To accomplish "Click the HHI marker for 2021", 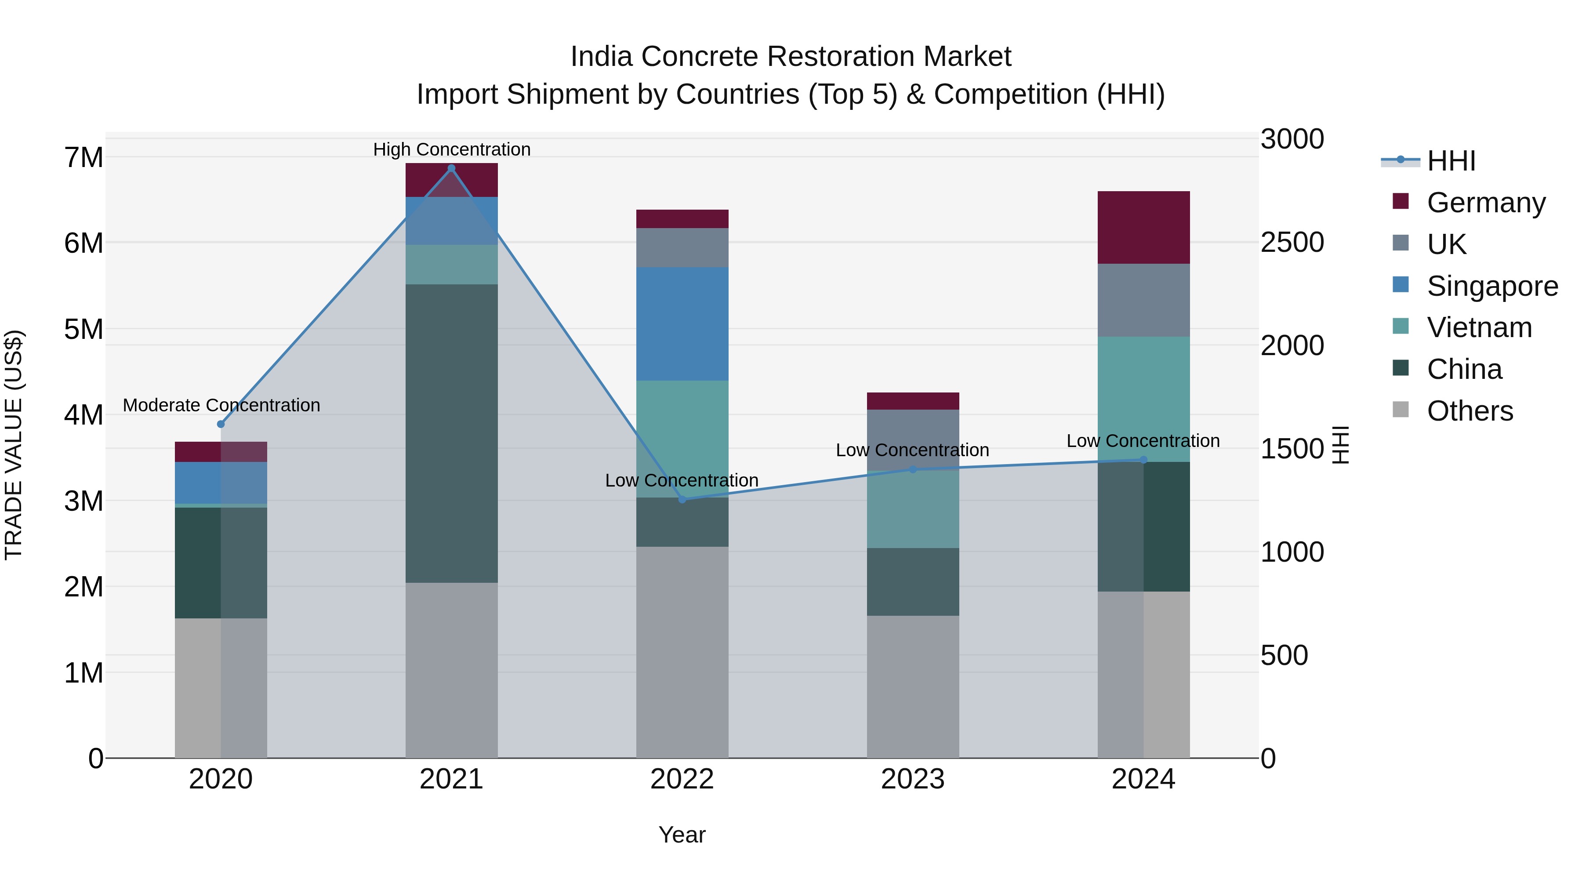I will [451, 168].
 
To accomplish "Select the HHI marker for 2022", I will [682, 499].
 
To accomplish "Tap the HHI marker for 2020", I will [221, 424].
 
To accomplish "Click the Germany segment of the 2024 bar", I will [1143, 227].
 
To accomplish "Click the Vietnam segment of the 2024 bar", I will [1143, 399].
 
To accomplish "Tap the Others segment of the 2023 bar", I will [913, 686].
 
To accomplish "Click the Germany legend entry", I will [1486, 203].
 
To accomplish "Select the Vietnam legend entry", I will [1479, 327].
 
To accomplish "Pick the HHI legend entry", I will [1451, 161].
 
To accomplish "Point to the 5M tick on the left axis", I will [83, 329].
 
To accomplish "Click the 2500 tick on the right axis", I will [1292, 242].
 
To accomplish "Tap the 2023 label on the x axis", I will [913, 779].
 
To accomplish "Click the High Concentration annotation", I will [451, 149].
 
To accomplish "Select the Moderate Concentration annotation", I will [221, 405].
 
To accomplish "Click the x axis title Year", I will [682, 835].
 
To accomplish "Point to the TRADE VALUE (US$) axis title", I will [14, 445].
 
